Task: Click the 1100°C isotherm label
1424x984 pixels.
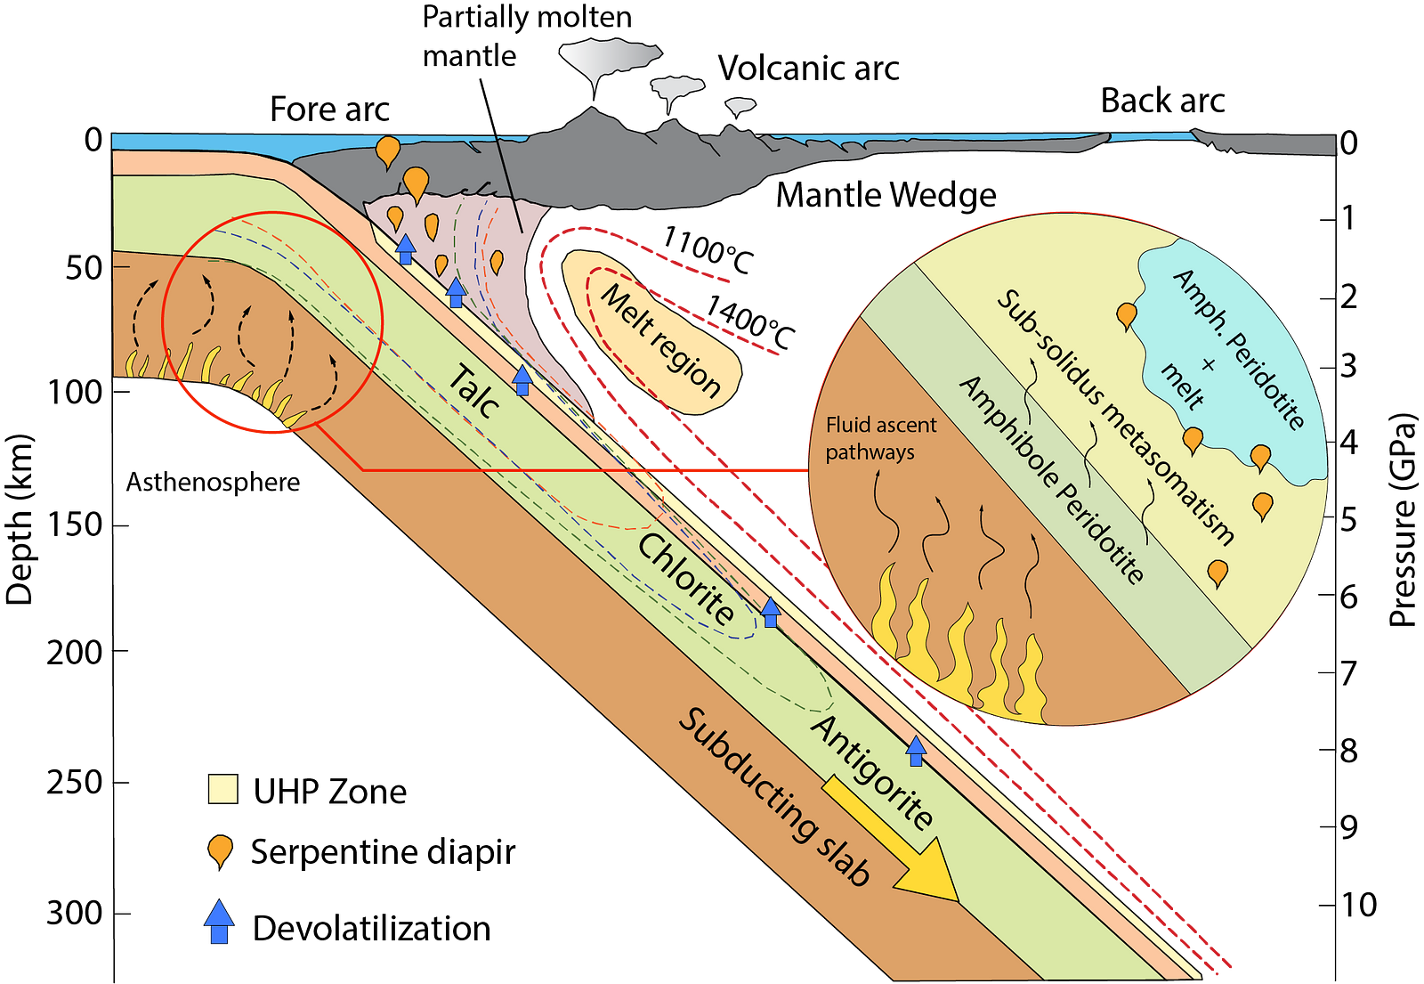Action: [x=708, y=250]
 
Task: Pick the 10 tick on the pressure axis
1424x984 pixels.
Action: [x=1327, y=904]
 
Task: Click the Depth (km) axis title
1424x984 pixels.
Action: [x=19, y=519]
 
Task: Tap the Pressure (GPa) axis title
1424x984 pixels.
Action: [x=1403, y=520]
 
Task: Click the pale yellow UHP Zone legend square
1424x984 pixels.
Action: [x=222, y=789]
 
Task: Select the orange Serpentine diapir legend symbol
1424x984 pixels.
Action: [x=220, y=851]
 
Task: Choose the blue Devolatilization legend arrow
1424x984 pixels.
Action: [x=219, y=921]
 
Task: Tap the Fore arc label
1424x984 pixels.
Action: [x=329, y=110]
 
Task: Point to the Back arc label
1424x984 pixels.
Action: [x=1162, y=101]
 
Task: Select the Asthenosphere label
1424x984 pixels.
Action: [x=213, y=482]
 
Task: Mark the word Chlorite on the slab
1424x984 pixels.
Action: [x=686, y=578]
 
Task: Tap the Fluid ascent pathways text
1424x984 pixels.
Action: [x=880, y=438]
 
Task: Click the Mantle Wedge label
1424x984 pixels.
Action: [x=886, y=195]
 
